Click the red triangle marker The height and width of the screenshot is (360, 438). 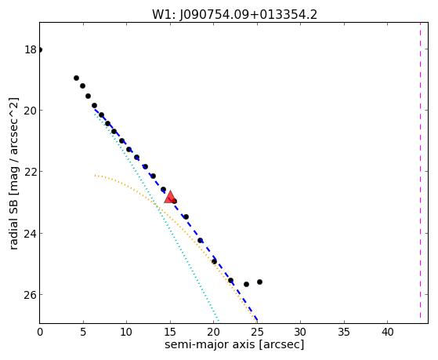click(170, 197)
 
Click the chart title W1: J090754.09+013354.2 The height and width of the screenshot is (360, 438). click(234, 15)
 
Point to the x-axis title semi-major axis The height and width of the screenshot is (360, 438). click(209, 344)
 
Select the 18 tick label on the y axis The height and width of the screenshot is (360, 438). click(31, 49)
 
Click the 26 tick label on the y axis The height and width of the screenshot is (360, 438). click(31, 295)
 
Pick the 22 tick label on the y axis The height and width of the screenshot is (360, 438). click(31, 172)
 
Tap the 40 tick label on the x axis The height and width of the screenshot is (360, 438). click(387, 332)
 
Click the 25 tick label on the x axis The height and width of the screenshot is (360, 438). click(257, 332)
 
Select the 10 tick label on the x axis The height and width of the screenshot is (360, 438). click(126, 332)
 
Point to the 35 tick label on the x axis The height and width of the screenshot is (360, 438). click(344, 332)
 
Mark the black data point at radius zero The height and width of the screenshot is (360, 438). click(40, 49)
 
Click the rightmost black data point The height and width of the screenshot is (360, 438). click(259, 282)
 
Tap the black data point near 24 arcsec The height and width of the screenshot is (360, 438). click(246, 284)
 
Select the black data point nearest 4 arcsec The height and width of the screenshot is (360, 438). click(76, 78)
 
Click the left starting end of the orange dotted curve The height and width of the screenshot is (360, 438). click(95, 176)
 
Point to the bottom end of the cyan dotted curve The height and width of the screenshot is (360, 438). click(219, 321)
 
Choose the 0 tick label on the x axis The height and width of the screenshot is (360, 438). click(40, 332)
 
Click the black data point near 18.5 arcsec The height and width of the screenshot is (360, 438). click(200, 240)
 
